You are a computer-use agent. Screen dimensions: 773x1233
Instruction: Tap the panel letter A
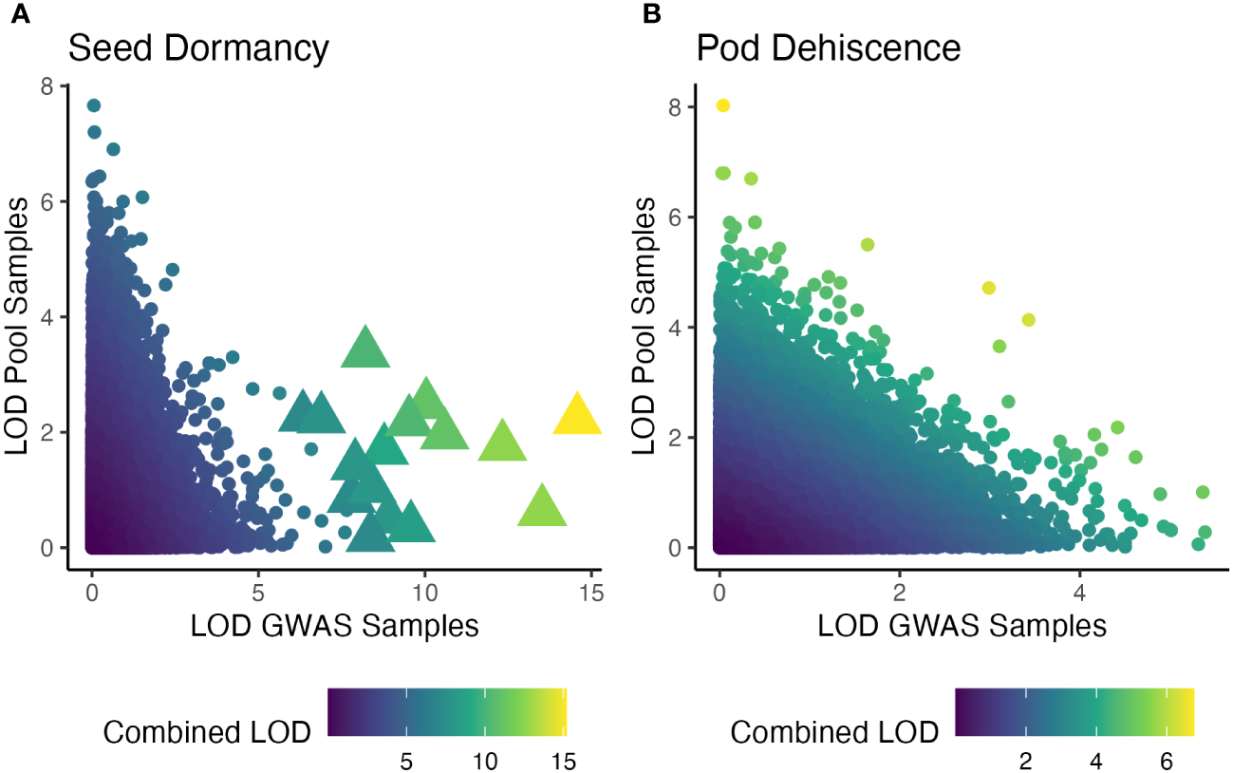point(18,13)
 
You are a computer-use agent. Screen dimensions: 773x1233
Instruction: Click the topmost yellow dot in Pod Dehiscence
point(722,105)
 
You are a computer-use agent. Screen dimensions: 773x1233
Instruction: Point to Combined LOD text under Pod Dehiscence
point(834,732)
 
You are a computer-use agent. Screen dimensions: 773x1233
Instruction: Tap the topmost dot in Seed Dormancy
point(93,105)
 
